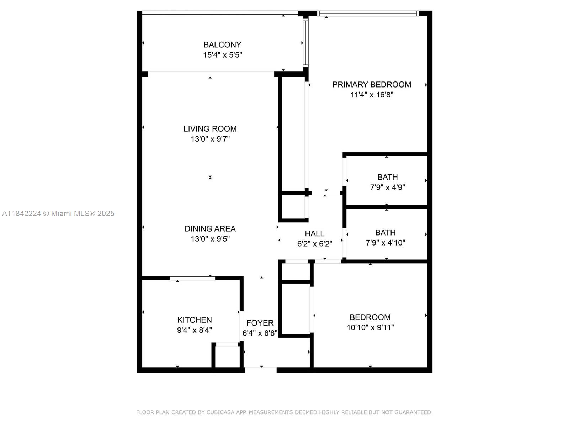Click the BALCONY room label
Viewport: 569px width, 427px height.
click(222, 45)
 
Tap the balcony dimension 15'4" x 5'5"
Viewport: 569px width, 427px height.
click(223, 55)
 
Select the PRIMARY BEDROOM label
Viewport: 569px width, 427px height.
click(372, 85)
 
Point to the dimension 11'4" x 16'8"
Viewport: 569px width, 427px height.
click(372, 95)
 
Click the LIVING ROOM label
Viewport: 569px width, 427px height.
click(210, 129)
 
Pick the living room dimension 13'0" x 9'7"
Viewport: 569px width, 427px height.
click(210, 139)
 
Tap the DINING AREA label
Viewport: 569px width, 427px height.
click(210, 229)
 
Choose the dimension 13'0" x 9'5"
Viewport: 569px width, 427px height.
click(210, 239)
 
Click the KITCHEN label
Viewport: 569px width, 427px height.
click(195, 320)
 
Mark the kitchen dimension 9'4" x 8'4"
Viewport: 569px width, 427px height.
click(195, 330)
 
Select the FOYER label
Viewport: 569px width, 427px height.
click(260, 323)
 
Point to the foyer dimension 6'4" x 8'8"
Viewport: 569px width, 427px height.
click(260, 333)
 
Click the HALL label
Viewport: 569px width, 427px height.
click(314, 233)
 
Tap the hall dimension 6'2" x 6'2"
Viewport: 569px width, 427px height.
click(315, 244)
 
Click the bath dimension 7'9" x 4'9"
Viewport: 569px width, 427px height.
click(387, 187)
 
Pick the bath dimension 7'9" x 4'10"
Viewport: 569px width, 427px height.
click(385, 243)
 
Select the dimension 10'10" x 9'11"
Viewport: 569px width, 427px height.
click(370, 327)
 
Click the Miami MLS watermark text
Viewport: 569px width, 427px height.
click(58, 213)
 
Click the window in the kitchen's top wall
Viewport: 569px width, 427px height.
click(192, 278)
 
